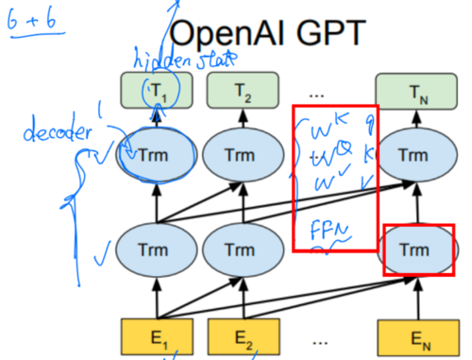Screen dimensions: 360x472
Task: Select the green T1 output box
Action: point(157,93)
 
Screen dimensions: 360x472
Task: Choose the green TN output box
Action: point(413,93)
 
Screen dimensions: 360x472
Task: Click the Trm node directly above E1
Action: point(157,251)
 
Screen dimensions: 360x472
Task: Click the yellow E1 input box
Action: point(157,334)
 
